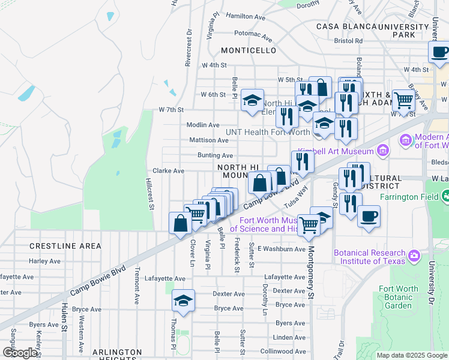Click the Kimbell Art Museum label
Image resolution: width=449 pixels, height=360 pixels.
coord(336,149)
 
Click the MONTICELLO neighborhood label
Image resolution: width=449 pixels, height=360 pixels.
coord(249,50)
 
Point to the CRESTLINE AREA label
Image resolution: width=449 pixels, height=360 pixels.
coord(65,246)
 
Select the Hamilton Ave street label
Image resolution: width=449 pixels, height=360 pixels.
coord(246,17)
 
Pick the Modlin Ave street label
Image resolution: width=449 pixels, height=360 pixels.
coord(202,125)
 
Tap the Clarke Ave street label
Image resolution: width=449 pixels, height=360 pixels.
coord(168,170)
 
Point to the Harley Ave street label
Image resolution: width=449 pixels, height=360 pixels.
coord(45,261)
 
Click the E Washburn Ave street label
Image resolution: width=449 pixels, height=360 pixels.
coord(282,248)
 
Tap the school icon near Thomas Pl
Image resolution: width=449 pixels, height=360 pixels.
coord(183,300)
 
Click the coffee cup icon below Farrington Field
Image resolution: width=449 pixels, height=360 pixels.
coord(369,216)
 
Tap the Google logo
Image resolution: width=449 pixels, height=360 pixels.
coord(20,353)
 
